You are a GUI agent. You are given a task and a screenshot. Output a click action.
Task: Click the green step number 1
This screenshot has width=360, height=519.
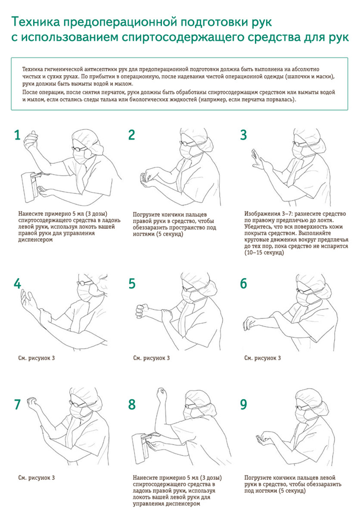point(17,135)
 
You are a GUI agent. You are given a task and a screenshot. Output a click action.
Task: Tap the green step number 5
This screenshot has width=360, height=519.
point(132,284)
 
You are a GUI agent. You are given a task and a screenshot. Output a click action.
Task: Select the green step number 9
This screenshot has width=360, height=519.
point(244,404)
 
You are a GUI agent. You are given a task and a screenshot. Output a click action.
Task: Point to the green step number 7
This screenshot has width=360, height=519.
point(17,404)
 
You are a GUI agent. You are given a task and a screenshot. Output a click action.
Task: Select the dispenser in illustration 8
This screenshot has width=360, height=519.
point(140,447)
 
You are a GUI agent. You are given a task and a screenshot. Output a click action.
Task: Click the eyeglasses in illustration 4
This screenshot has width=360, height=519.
point(85,283)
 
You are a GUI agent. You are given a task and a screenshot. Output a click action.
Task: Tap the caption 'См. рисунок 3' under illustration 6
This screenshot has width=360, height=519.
point(262,358)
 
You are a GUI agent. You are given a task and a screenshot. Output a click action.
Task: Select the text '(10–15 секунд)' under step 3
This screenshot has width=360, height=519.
point(264,252)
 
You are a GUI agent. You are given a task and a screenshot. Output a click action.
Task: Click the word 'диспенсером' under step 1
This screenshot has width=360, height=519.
point(35,240)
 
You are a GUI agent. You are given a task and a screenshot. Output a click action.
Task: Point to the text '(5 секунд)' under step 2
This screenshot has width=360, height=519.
point(169,234)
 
